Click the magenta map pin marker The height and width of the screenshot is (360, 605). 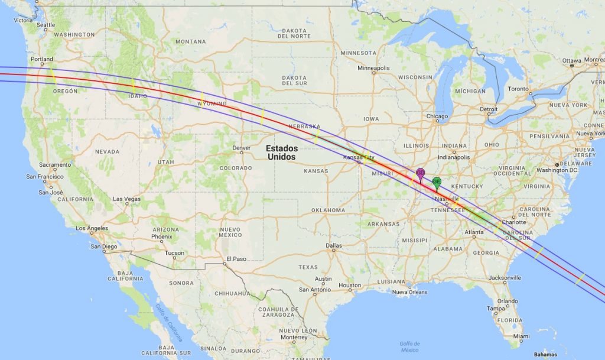(x=421, y=173)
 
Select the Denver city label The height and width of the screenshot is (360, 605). (x=241, y=148)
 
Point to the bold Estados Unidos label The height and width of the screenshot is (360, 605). (x=281, y=153)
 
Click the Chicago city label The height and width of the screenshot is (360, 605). (x=437, y=116)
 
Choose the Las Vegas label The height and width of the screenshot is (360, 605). (x=126, y=199)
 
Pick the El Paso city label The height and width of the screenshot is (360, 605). (x=235, y=258)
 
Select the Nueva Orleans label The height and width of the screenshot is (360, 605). (x=409, y=292)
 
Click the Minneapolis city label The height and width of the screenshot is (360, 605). (x=373, y=68)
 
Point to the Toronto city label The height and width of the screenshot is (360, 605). (x=518, y=89)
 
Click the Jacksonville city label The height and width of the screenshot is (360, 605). (x=505, y=277)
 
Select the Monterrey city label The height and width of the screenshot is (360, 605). (x=294, y=337)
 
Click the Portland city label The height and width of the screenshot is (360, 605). (x=42, y=59)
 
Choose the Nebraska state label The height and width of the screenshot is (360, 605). (x=304, y=127)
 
